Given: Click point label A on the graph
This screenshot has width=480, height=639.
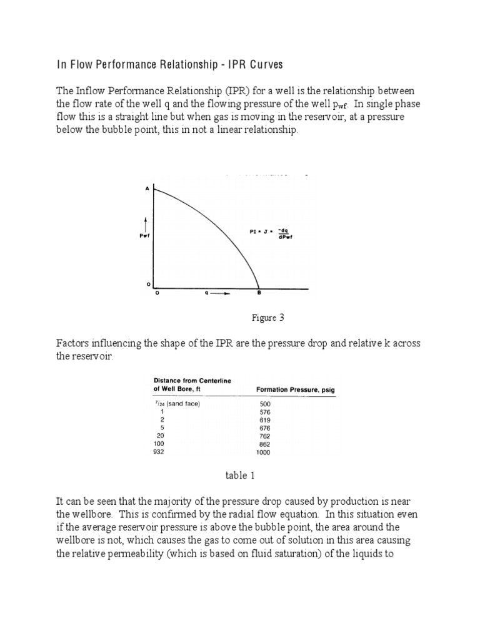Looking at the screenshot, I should click(x=147, y=188).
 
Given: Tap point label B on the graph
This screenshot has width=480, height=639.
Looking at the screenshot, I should click(x=259, y=293).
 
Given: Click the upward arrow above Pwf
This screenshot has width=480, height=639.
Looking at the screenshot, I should click(x=144, y=223).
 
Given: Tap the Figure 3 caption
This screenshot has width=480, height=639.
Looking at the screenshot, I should click(x=268, y=318).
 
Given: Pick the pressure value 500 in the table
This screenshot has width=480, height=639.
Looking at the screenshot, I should click(x=264, y=404).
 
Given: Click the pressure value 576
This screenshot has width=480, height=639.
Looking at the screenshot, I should click(x=264, y=412).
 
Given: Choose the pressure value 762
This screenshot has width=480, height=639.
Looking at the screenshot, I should click(x=264, y=436).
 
